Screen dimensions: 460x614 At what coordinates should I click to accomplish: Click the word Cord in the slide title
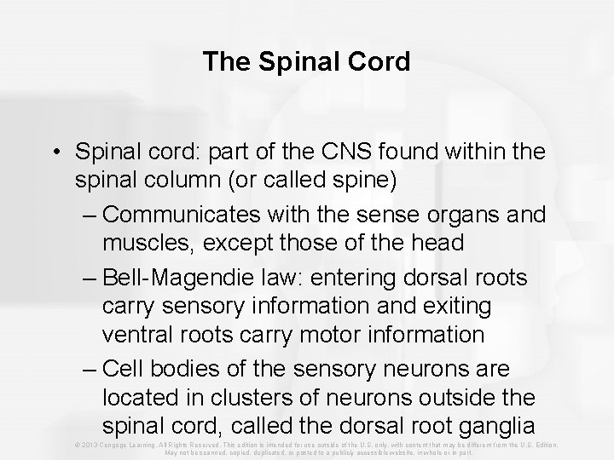point(378,62)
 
